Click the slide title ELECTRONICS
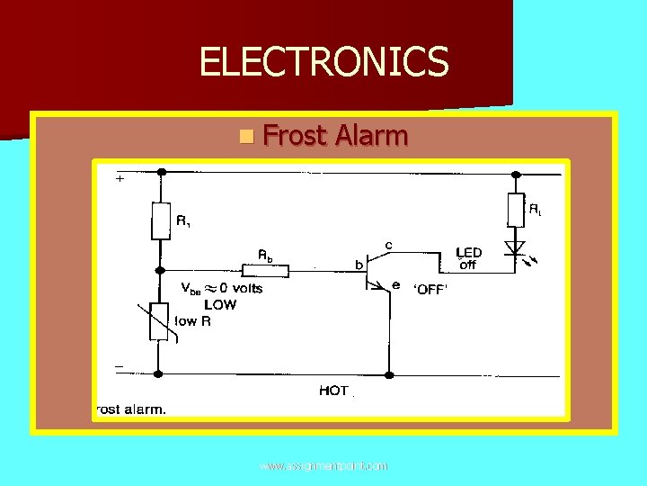323,62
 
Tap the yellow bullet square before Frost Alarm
246,137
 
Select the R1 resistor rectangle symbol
160,220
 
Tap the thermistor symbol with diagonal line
160,321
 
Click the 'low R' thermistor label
192,321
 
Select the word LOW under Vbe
219,305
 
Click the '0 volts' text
235,289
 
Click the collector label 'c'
388,244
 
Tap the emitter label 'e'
395,285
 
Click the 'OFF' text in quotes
430,290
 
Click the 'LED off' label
468,258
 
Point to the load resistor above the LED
515,210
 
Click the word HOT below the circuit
333,391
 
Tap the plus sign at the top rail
120,178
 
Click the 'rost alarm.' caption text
130,409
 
